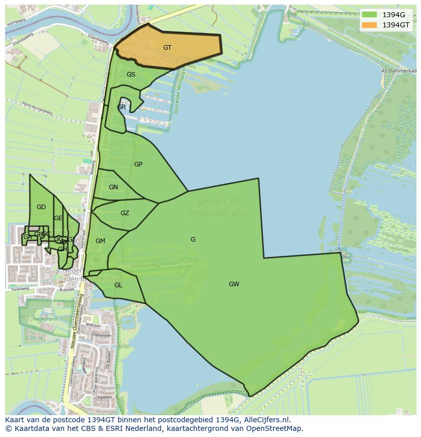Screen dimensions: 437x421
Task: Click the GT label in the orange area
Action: point(167,48)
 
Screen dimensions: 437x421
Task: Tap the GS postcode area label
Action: point(131,75)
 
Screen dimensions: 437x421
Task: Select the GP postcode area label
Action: point(138,164)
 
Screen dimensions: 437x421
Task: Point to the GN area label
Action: point(113,187)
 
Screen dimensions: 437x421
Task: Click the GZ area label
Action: point(125,213)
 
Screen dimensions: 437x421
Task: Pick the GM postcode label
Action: point(100,241)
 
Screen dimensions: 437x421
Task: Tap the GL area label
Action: point(118,285)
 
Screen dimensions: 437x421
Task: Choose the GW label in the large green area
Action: point(234,284)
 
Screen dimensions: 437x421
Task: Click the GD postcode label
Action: point(41,207)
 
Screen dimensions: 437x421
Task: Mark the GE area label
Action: point(58,218)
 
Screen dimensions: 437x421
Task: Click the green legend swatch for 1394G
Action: point(369,14)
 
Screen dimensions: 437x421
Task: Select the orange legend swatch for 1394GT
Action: point(369,25)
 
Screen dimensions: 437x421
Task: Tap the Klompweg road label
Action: point(16,24)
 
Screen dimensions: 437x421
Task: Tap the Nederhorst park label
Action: point(46,319)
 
